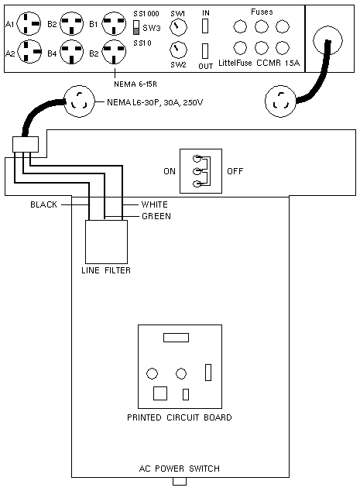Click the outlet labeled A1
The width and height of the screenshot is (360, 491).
pyautogui.click(x=29, y=23)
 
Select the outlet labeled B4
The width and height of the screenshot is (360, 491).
pyautogui.click(x=72, y=53)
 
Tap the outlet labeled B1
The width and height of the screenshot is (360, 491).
pyautogui.click(x=115, y=23)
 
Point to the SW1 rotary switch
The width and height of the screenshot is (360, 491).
pyautogui.click(x=178, y=27)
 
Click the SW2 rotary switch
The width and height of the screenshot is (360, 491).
pyautogui.click(x=178, y=50)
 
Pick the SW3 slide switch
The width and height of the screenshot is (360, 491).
pyautogui.click(x=136, y=28)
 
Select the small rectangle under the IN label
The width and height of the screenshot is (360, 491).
pyautogui.click(x=205, y=26)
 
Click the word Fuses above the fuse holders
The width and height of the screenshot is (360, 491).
pyautogui.click(x=262, y=12)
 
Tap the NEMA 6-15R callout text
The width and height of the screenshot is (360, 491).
pyautogui.click(x=135, y=84)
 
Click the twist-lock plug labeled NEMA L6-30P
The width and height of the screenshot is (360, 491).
pyautogui.click(x=79, y=101)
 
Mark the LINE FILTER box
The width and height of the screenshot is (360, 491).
pyautogui.click(x=106, y=242)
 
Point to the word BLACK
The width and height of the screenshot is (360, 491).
pyautogui.click(x=43, y=204)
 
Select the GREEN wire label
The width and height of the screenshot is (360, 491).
pyautogui.click(x=156, y=216)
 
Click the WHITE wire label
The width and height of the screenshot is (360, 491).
pyautogui.click(x=154, y=204)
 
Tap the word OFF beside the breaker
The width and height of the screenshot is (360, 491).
pyautogui.click(x=235, y=171)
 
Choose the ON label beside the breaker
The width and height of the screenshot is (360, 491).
pyautogui.click(x=170, y=171)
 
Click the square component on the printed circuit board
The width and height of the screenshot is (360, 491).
pyautogui.click(x=160, y=393)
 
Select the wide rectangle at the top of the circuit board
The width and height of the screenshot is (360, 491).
pyautogui.click(x=176, y=338)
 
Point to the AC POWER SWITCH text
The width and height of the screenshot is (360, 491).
pyautogui.click(x=180, y=469)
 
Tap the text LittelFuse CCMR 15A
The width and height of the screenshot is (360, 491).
pyautogui.click(x=259, y=63)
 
